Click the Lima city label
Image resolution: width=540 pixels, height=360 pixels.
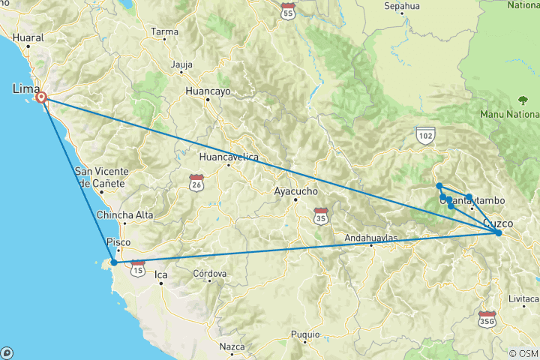point(25,89)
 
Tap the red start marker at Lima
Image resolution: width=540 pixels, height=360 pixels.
point(41,97)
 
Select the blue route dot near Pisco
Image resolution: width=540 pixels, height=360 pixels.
point(113,262)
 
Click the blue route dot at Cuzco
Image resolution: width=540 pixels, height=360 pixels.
point(498,233)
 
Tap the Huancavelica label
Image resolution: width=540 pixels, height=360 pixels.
point(229,157)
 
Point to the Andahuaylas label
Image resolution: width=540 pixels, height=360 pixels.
point(370,238)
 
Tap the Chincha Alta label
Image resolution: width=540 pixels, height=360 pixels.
point(124,215)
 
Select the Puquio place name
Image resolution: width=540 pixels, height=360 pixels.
point(305,334)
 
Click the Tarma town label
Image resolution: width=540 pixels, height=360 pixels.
point(164,31)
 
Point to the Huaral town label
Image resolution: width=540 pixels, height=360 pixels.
point(28,37)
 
